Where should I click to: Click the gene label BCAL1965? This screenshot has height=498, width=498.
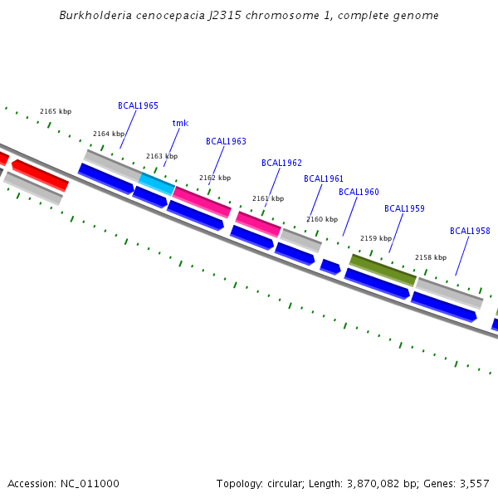click(138, 106)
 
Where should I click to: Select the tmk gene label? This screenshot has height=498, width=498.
click(180, 124)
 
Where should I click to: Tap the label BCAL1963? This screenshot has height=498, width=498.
click(226, 142)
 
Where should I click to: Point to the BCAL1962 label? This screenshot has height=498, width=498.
click(281, 164)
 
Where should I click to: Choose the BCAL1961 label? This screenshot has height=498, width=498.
click(324, 179)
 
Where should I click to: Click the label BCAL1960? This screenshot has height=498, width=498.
click(359, 193)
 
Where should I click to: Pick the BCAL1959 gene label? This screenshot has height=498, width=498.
click(404, 209)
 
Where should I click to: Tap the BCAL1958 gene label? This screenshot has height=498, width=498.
click(470, 232)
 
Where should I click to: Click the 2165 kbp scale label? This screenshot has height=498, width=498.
click(56, 112)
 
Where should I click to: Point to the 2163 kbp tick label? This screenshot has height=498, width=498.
click(162, 157)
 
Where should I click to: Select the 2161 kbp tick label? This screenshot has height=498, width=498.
click(268, 199)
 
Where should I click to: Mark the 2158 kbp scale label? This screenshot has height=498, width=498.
click(431, 258)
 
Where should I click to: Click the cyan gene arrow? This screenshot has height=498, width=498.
click(157, 183)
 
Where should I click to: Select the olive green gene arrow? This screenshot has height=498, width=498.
click(383, 270)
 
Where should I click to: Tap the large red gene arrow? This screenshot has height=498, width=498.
click(40, 175)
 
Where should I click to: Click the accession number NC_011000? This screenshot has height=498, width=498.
click(89, 484)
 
